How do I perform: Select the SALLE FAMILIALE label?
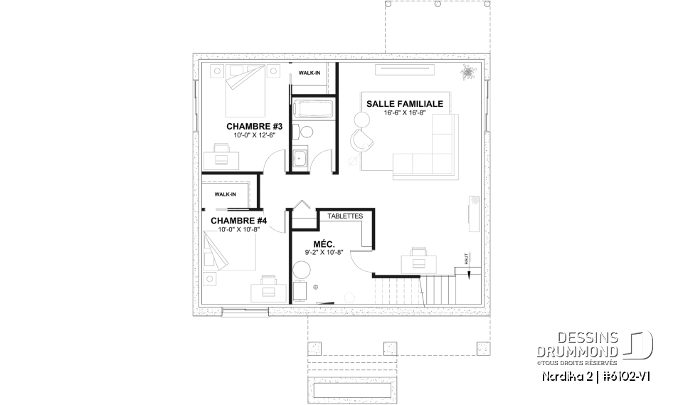[x=404, y=104]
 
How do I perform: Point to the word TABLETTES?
[x=345, y=216]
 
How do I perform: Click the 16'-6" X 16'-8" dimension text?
[x=404, y=113]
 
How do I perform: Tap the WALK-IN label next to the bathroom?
[x=309, y=73]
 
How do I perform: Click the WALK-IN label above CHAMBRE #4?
[x=225, y=194]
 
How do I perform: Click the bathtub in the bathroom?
[x=311, y=110]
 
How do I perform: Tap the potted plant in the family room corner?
[x=467, y=72]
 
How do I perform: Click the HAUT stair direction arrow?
[x=467, y=261]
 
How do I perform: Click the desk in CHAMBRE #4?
[x=268, y=287]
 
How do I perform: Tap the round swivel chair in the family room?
[x=362, y=139]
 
